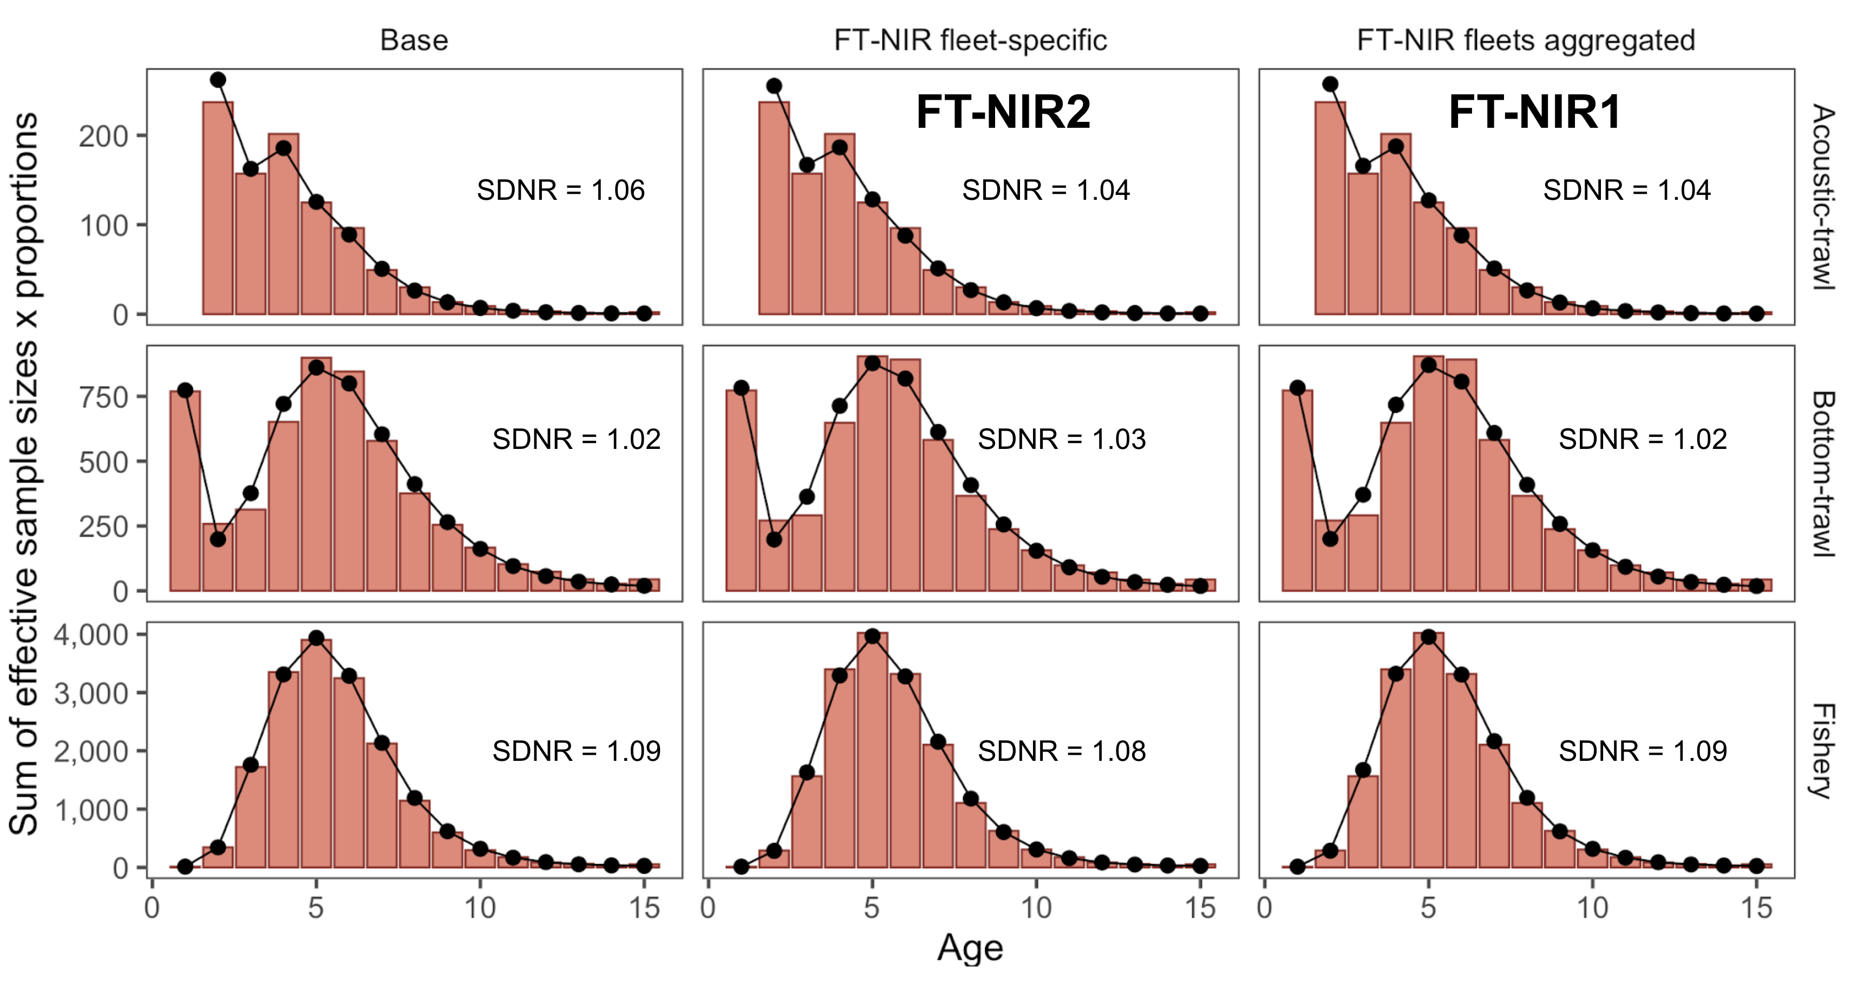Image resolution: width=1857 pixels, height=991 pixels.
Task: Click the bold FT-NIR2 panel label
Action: click(x=1003, y=113)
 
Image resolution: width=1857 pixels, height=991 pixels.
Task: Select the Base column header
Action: click(x=414, y=41)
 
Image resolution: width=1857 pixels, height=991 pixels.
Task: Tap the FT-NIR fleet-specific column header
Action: click(x=970, y=41)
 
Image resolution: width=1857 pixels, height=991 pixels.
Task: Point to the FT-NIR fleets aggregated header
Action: click(x=1526, y=41)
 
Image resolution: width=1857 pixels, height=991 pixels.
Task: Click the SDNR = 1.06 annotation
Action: click(x=560, y=191)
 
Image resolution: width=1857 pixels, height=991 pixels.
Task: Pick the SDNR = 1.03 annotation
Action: click(x=1061, y=439)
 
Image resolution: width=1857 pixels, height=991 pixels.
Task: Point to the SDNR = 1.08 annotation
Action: click(x=1061, y=752)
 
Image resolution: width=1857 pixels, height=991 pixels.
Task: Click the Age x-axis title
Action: click(x=970, y=948)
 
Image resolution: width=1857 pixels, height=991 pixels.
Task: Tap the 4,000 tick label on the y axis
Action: click(x=91, y=635)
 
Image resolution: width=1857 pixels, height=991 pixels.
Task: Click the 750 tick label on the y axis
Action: click(x=104, y=397)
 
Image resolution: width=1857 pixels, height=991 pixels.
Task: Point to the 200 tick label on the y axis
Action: click(x=104, y=136)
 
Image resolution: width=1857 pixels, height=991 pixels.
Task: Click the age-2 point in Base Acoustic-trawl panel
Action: click(x=218, y=80)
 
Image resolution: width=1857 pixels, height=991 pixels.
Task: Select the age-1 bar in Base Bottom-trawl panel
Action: click(x=185, y=491)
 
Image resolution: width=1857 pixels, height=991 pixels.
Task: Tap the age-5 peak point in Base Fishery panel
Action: click(x=316, y=637)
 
